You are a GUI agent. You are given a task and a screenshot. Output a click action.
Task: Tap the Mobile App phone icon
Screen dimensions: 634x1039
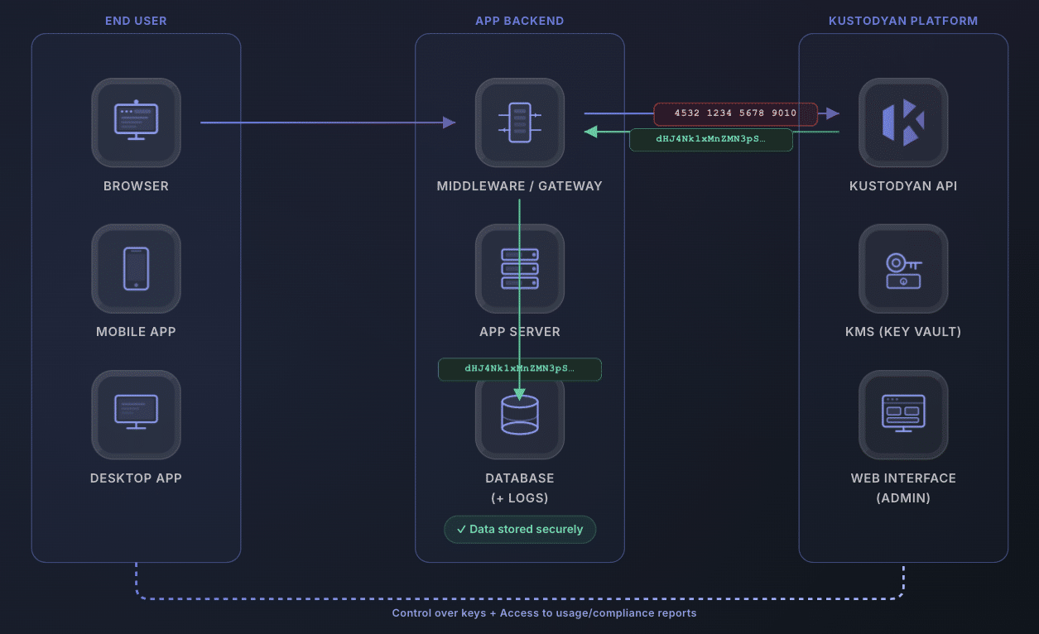(136, 269)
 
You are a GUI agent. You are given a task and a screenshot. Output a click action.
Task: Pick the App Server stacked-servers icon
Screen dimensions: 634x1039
(519, 269)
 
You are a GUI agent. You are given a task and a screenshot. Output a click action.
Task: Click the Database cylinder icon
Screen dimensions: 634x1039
(519, 415)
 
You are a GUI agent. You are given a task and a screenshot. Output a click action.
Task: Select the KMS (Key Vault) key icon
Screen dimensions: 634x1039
(903, 269)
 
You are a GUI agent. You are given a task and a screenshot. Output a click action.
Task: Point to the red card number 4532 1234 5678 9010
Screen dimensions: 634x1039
(735, 113)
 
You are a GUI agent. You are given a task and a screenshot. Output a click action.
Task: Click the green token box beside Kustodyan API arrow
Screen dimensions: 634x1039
(710, 140)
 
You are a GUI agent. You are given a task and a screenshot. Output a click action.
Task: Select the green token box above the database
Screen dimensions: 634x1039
(519, 368)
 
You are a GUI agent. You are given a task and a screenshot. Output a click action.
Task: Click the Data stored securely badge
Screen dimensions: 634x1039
(519, 529)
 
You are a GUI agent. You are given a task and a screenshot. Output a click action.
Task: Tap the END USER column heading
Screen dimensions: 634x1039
(136, 21)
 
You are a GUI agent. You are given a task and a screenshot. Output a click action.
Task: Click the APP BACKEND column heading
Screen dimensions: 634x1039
(519, 21)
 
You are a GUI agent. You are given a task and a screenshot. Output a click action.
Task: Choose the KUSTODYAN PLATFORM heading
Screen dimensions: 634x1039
(903, 21)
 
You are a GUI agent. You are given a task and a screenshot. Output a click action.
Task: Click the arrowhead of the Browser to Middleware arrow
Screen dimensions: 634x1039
(450, 122)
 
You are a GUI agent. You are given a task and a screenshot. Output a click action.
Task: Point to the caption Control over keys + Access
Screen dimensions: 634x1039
(544, 613)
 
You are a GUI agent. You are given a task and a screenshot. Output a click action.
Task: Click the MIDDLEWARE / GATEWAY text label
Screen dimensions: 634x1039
(519, 186)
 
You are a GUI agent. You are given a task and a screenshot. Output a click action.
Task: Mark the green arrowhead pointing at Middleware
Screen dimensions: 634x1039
(590, 132)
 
